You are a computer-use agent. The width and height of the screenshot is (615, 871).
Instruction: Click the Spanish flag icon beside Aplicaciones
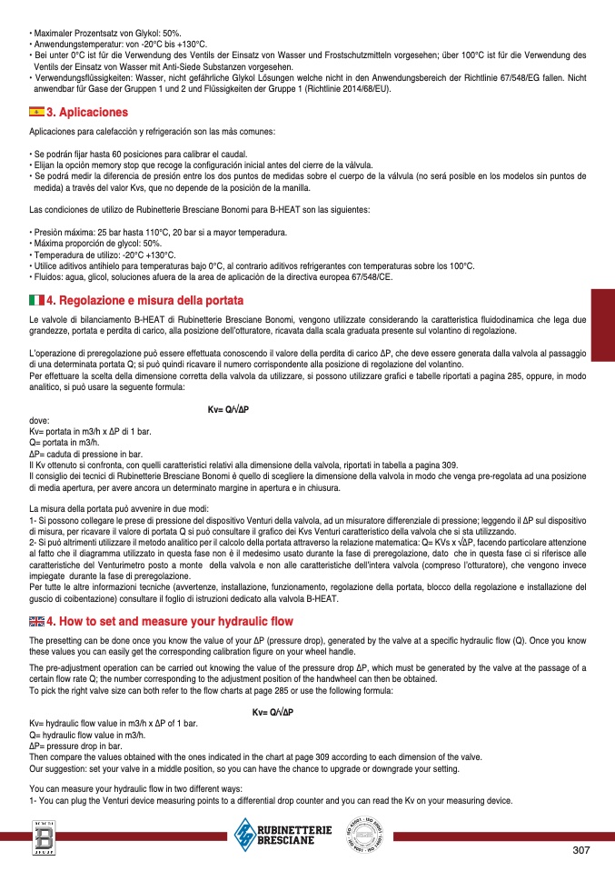(x=37, y=112)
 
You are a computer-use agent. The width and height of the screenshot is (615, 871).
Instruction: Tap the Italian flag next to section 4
(x=37, y=300)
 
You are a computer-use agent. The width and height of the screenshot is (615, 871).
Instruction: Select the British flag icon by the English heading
(x=37, y=622)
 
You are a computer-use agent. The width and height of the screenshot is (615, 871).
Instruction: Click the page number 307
(x=582, y=850)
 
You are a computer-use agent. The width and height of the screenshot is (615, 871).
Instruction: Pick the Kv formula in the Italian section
(x=228, y=410)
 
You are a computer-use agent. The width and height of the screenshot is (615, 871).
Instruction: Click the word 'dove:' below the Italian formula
(x=39, y=421)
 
